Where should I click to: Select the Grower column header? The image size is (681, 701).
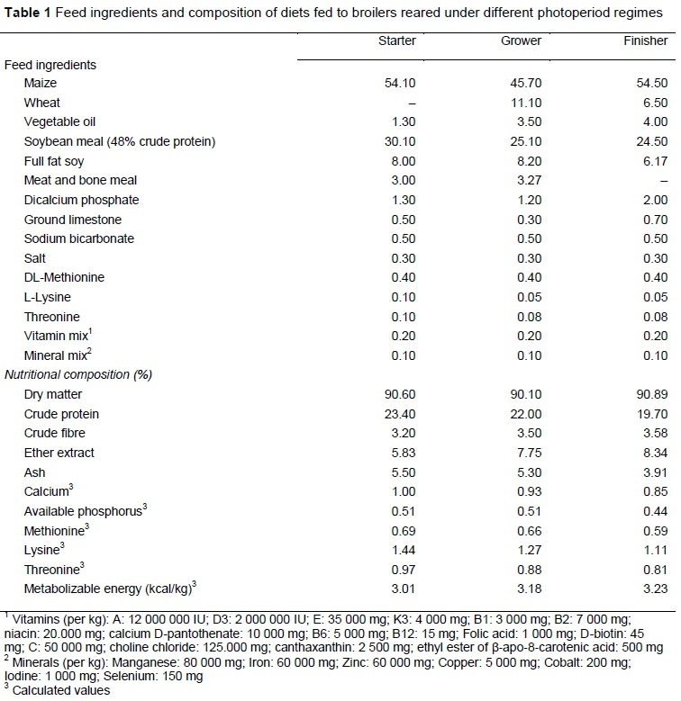click(x=522, y=41)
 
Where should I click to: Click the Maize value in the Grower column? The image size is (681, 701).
click(x=525, y=84)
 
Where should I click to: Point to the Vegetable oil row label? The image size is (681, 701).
click(x=59, y=121)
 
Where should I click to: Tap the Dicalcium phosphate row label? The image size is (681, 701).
click(x=81, y=200)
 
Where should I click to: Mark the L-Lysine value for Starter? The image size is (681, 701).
click(x=402, y=297)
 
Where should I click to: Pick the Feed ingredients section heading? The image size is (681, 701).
click(x=50, y=65)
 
